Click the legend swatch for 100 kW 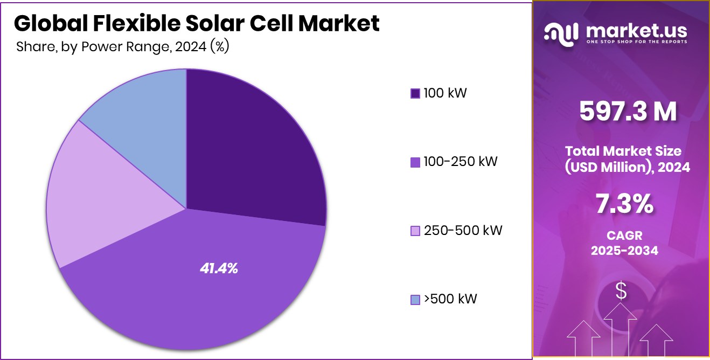415,94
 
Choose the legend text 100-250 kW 461,161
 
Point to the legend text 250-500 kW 463,231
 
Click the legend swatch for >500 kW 415,300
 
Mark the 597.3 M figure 628,112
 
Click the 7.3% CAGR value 625,204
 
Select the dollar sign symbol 621,291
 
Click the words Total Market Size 623,151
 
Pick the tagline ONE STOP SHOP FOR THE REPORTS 636,41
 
